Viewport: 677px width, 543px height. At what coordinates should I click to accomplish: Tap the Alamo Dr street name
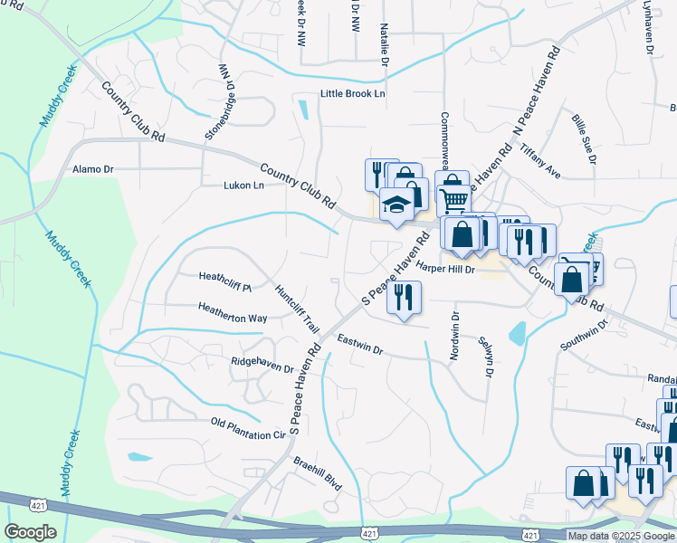pyautogui.click(x=93, y=169)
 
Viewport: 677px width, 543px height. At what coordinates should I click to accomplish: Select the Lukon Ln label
pyautogui.click(x=243, y=186)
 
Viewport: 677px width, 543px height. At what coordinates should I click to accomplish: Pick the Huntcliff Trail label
pyautogui.click(x=298, y=309)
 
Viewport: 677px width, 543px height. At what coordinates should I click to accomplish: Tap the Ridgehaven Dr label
pyautogui.click(x=262, y=368)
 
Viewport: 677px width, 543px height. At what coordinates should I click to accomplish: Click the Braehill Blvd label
pyautogui.click(x=317, y=473)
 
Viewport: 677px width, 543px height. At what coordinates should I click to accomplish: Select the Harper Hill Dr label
pyautogui.click(x=445, y=269)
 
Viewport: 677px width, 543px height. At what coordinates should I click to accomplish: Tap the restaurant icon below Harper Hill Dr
pyautogui.click(x=404, y=297)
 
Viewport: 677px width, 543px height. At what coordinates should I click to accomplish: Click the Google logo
pyautogui.click(x=31, y=531)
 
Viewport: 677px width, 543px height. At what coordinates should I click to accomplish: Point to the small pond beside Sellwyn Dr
pyautogui.click(x=518, y=335)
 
